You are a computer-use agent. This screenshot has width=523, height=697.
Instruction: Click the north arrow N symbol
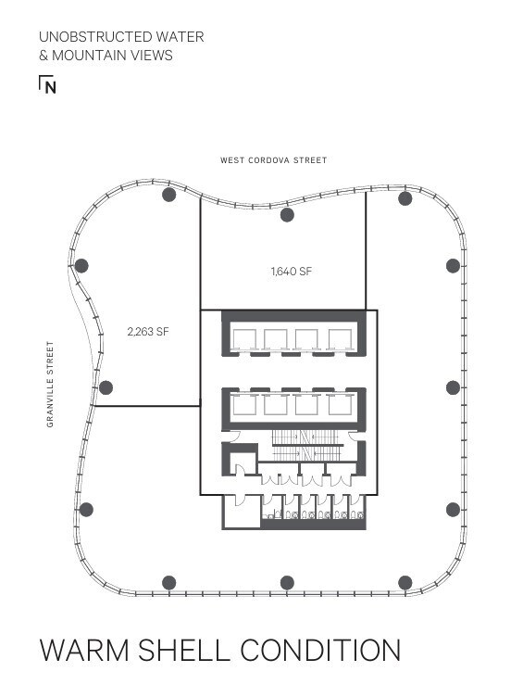pyautogui.click(x=48, y=85)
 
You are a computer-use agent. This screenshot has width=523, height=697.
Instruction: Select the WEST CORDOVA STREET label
pyautogui.click(x=273, y=160)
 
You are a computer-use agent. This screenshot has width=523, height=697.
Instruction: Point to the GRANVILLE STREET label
pyautogui.click(x=50, y=384)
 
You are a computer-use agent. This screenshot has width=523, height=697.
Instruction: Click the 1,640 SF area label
pyautogui.click(x=292, y=272)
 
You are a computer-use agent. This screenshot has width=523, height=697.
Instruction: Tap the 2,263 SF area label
pyautogui.click(x=148, y=330)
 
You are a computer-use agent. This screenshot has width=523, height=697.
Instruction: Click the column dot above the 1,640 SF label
pyautogui.click(x=287, y=215)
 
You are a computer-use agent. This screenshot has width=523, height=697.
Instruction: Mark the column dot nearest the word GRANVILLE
pyautogui.click(x=106, y=387)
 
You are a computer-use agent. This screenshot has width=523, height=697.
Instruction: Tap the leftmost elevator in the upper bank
pyautogui.click(x=245, y=339)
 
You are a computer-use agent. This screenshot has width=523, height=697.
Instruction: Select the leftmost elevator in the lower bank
pyautogui.click(x=245, y=404)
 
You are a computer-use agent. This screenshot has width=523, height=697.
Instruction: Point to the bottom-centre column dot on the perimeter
pyautogui.click(x=287, y=583)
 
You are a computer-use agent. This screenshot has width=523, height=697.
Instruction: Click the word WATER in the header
pyautogui.click(x=181, y=37)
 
